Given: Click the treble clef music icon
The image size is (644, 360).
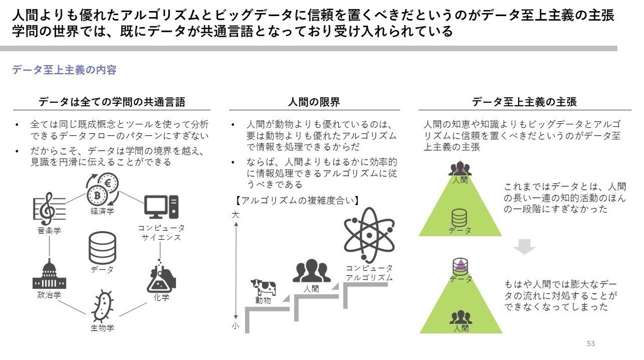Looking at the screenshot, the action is (x=49, y=209).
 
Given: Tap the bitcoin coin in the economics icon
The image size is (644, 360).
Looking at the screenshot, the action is (x=97, y=196).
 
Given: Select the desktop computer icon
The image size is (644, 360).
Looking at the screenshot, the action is (x=161, y=207).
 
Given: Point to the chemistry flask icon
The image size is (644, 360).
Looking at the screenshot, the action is (x=161, y=276).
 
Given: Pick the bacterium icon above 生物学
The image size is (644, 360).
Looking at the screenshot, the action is (x=102, y=306).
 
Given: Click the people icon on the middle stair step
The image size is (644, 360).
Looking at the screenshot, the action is (x=311, y=270).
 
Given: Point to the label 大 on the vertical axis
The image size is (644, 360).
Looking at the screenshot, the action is (x=235, y=215).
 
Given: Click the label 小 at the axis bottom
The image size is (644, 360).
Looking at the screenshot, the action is (x=235, y=326).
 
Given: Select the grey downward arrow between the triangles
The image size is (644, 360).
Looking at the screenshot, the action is (x=524, y=247).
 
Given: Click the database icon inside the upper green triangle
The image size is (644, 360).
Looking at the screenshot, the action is (x=459, y=218).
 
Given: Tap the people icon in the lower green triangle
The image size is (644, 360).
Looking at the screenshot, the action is (x=460, y=317).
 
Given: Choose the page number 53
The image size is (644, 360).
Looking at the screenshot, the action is (x=591, y=343).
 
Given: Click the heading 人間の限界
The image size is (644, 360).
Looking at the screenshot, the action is (x=314, y=102).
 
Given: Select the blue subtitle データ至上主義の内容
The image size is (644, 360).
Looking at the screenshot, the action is (x=64, y=70).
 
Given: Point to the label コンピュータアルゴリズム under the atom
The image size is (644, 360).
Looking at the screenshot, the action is (x=369, y=273).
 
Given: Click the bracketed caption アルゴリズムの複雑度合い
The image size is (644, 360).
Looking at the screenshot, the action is (x=297, y=200).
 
